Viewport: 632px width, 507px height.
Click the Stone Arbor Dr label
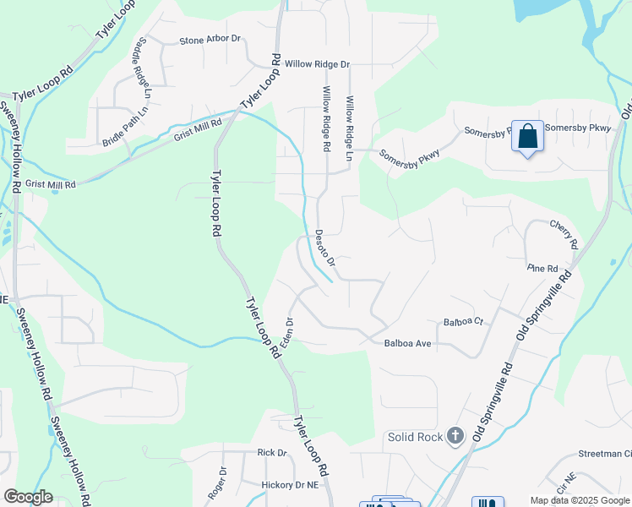(x=210, y=40)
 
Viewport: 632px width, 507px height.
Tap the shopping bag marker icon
(x=528, y=137)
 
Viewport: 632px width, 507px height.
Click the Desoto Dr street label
(x=325, y=249)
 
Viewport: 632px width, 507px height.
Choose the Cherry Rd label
(x=564, y=233)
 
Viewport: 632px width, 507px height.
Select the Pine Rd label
(x=542, y=268)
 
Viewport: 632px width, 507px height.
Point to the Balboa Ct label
(x=463, y=322)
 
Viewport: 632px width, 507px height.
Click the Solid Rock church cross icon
(x=455, y=436)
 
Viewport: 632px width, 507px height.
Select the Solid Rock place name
(x=414, y=437)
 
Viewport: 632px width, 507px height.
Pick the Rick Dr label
(x=272, y=453)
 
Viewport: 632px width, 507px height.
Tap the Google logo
(x=28, y=497)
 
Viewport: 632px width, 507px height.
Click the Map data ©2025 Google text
(x=580, y=500)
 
